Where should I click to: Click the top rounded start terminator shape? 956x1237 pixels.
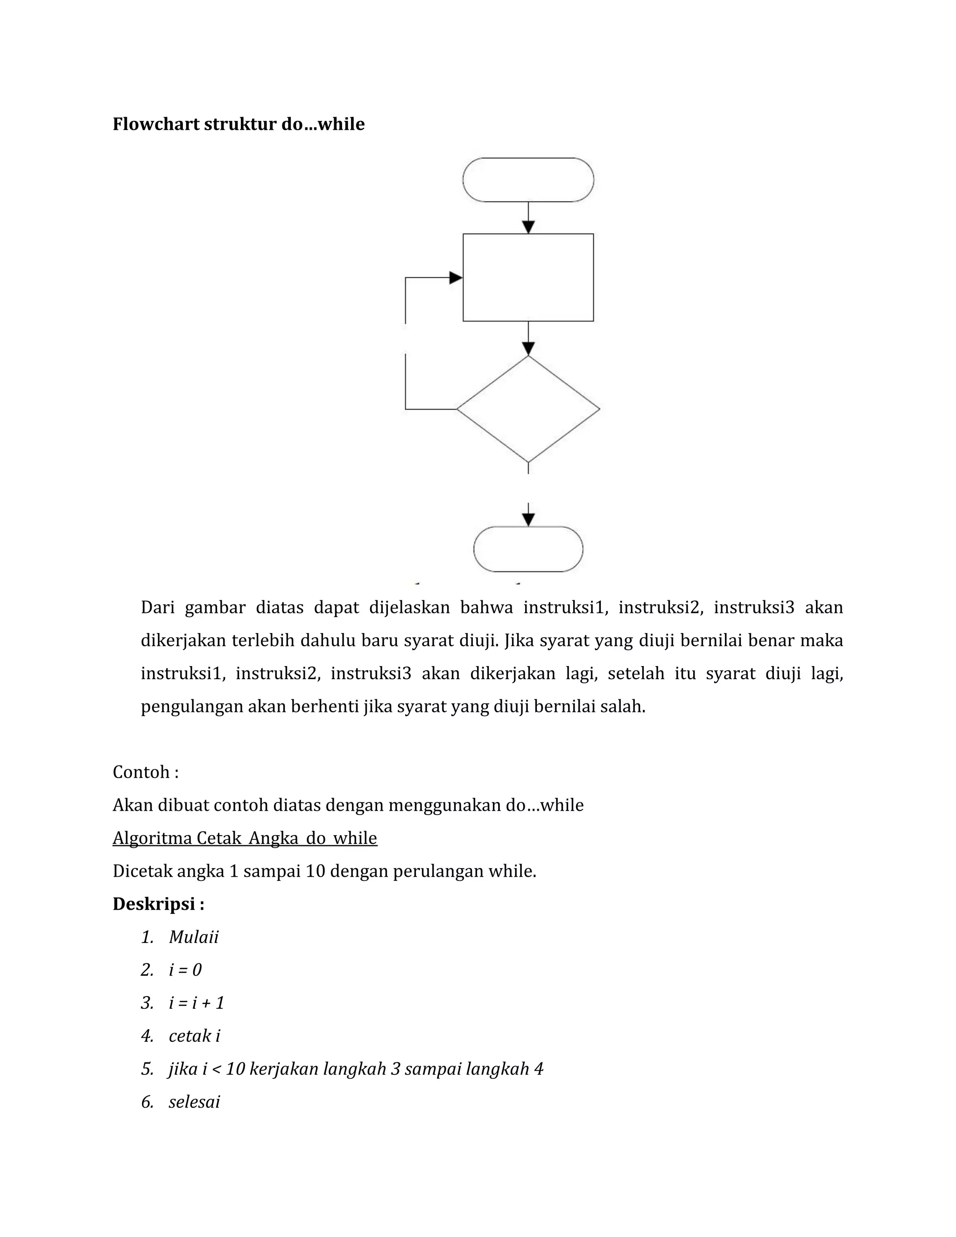(528, 180)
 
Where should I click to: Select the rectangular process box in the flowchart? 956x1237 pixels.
(528, 278)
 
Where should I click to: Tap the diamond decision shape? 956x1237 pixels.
(528, 409)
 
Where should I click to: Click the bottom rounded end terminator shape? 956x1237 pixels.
(528, 549)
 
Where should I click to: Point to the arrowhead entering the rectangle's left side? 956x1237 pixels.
(455, 278)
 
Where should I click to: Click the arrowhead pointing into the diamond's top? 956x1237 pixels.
(528, 348)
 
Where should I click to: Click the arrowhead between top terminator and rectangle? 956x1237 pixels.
(528, 226)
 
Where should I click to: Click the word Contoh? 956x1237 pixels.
(141, 772)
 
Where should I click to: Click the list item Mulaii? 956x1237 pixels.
(193, 937)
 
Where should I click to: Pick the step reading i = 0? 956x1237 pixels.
(185, 970)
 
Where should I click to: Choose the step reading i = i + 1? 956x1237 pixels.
(197, 1003)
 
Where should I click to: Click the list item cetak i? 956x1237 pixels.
(194, 1036)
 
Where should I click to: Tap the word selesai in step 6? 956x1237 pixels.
(194, 1102)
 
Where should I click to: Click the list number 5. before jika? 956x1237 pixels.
(147, 1069)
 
